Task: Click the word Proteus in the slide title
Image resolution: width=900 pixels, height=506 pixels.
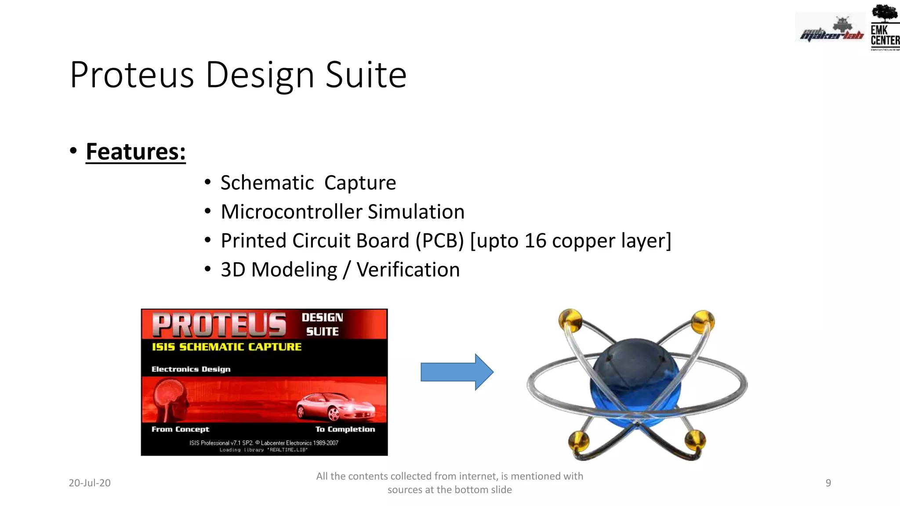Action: (132, 75)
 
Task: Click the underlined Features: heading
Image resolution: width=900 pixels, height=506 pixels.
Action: (135, 152)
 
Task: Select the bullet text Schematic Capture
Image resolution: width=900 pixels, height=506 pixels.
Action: (308, 183)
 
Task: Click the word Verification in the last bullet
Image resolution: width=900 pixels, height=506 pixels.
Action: (408, 270)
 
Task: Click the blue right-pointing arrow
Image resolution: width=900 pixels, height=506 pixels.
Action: (457, 372)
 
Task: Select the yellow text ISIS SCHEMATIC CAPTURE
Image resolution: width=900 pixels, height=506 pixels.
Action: (226, 347)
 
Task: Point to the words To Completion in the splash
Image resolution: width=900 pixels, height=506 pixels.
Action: (345, 429)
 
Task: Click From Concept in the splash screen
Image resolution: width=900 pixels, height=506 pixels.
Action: (180, 429)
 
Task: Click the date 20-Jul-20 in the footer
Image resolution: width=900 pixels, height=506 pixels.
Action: (90, 483)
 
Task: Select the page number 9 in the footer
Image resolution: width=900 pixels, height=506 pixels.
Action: (828, 483)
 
